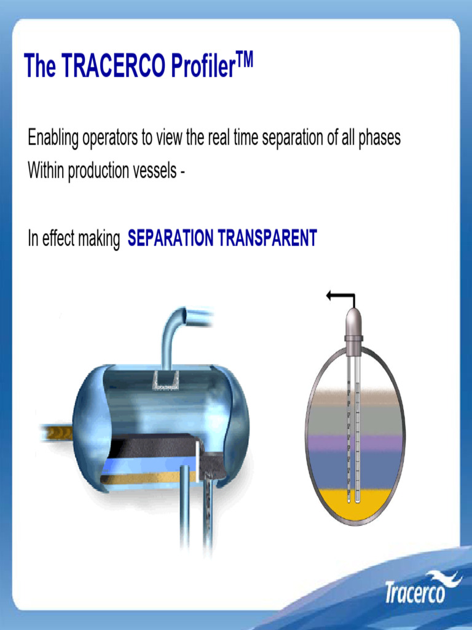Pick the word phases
pyautogui.click(x=380, y=138)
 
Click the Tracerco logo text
pyautogui.click(x=414, y=593)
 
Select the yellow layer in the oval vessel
pyautogui.click(x=332, y=504)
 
